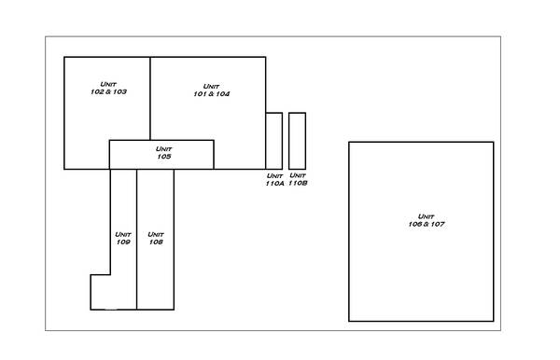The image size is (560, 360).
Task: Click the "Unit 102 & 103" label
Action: click(x=108, y=88)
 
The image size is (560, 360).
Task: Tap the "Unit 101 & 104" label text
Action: click(x=212, y=90)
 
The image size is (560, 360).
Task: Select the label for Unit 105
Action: click(x=164, y=153)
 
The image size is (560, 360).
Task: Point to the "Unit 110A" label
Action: click(x=274, y=179)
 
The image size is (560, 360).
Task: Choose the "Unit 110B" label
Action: click(x=298, y=179)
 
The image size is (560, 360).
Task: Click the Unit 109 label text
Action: click(x=123, y=238)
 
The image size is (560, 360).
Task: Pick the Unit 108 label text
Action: click(x=156, y=238)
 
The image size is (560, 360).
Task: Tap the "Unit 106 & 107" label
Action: click(x=427, y=220)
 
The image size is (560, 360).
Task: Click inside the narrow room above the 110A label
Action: click(x=274, y=141)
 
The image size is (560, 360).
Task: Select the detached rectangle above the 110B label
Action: click(x=297, y=141)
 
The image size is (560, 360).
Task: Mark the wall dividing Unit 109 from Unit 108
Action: click(x=137, y=240)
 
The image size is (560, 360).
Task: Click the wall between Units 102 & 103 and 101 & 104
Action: click(x=150, y=99)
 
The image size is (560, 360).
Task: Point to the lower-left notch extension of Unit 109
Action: click(x=101, y=292)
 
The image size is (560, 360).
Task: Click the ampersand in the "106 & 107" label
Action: click(x=427, y=224)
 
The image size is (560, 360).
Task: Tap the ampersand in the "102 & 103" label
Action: click(x=108, y=91)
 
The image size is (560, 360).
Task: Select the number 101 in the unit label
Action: click(x=199, y=94)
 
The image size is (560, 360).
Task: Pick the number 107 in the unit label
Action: click(x=438, y=224)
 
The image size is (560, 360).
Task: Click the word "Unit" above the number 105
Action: click(x=164, y=149)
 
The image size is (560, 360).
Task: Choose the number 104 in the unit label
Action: click(x=223, y=94)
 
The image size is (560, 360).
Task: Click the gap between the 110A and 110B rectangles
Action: click(x=286, y=141)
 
